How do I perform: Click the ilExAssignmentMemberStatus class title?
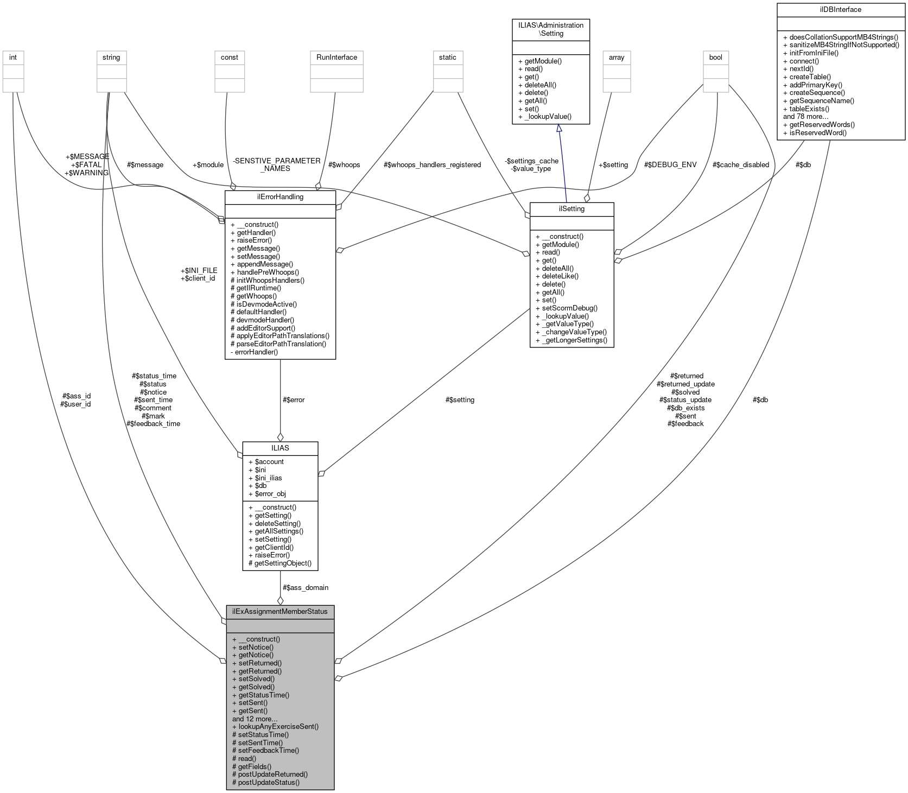(x=280, y=611)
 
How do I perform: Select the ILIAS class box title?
(x=280, y=448)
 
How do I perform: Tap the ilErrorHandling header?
(x=280, y=196)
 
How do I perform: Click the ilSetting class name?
(x=571, y=208)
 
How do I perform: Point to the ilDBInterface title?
(x=841, y=9)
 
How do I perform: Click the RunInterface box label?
(x=336, y=57)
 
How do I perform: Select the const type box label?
(x=229, y=57)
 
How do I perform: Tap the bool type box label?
(x=715, y=57)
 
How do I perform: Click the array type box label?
(x=617, y=57)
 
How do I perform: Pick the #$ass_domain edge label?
(x=305, y=587)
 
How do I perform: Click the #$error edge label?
(x=294, y=399)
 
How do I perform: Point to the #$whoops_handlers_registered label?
(x=432, y=164)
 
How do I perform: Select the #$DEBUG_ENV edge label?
(x=670, y=164)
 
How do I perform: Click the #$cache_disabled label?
(x=740, y=164)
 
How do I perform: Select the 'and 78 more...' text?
(x=805, y=116)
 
